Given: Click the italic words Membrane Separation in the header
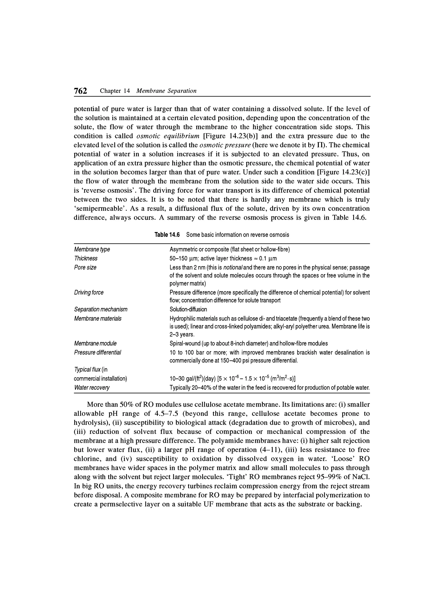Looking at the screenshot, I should (x=166, y=91).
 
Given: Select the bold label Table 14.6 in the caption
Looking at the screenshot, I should (x=167, y=235).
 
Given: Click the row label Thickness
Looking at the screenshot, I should (x=86, y=259).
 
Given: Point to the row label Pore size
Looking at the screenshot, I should (x=85, y=267).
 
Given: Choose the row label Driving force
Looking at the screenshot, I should (x=89, y=292).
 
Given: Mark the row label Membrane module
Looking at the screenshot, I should (x=95, y=343).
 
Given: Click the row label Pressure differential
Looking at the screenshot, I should (x=98, y=352).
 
